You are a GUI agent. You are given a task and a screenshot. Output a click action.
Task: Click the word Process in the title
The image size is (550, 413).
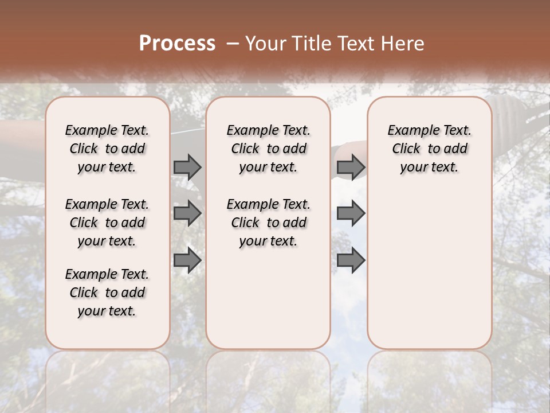click(177, 44)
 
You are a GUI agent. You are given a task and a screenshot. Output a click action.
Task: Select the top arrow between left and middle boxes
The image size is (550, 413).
click(187, 167)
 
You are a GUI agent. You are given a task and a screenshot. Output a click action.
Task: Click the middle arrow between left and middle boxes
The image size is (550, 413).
click(187, 213)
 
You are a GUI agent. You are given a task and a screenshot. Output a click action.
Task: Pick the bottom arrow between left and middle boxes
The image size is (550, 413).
click(187, 260)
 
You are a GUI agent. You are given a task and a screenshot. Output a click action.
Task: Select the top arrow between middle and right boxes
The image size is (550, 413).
click(351, 167)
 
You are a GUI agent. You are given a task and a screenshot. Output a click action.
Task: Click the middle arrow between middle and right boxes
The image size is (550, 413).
click(351, 213)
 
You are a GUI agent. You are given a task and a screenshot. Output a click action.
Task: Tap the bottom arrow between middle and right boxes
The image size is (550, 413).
click(351, 260)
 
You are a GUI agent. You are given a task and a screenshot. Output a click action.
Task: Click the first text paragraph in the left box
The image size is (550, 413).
click(107, 149)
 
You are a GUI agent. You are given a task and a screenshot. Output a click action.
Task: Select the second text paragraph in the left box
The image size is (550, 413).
click(107, 223)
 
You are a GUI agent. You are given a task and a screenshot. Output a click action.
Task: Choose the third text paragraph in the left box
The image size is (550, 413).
click(107, 293)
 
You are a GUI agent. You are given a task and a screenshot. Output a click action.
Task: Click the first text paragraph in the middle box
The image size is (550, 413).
click(268, 149)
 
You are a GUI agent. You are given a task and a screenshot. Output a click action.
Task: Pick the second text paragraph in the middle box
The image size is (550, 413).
click(268, 223)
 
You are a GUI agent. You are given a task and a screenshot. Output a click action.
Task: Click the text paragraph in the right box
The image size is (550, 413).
click(429, 149)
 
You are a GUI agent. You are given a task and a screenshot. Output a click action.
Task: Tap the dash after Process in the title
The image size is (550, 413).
click(232, 44)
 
